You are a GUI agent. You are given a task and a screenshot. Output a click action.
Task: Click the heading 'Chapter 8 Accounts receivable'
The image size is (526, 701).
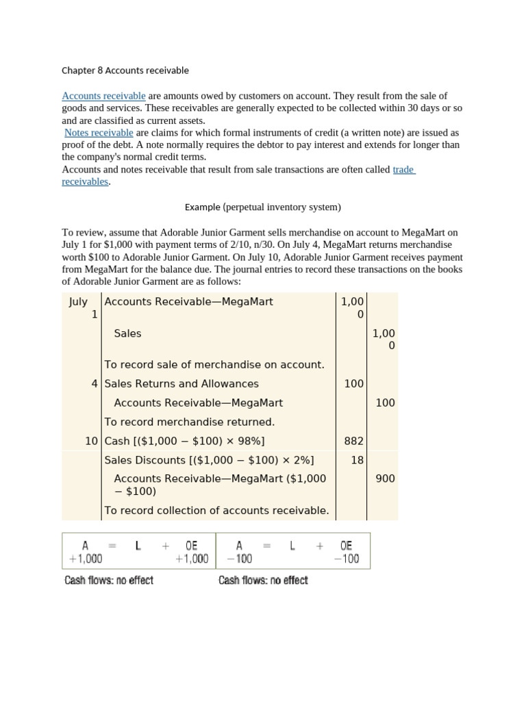click(x=125, y=71)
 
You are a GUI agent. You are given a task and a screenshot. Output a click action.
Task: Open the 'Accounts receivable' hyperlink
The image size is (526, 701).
click(x=103, y=96)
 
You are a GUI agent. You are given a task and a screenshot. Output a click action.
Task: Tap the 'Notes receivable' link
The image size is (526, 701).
click(x=99, y=133)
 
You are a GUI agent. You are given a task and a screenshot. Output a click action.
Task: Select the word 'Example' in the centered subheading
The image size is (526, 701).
click(x=203, y=207)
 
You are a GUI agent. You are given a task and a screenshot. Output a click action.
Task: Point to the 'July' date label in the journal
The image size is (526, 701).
click(x=78, y=302)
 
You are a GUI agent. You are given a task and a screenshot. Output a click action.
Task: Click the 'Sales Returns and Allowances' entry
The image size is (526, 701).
click(x=181, y=384)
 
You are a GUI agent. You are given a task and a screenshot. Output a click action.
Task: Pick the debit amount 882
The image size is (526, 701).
click(x=354, y=441)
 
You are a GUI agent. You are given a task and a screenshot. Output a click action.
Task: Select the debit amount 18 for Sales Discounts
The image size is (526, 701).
click(x=358, y=460)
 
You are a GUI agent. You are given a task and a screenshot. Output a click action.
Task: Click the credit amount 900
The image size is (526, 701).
click(x=385, y=479)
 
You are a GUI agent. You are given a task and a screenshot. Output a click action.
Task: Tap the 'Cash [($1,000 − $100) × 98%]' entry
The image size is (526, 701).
click(x=184, y=441)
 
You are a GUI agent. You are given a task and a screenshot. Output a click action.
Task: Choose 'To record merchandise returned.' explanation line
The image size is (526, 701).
click(x=189, y=422)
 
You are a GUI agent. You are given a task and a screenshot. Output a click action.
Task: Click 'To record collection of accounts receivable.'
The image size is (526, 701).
click(x=216, y=510)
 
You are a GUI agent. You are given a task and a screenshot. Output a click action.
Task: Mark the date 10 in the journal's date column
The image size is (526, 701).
click(x=92, y=441)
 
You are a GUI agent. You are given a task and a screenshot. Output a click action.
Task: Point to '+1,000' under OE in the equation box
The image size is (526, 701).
click(x=192, y=559)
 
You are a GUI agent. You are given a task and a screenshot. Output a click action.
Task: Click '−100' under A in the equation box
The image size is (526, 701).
click(x=239, y=559)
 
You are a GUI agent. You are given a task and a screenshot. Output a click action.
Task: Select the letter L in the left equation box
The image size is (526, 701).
click(x=138, y=546)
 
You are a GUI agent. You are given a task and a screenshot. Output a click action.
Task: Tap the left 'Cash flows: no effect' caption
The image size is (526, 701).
click(x=109, y=581)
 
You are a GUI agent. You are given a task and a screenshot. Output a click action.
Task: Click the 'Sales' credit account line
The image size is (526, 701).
click(x=127, y=333)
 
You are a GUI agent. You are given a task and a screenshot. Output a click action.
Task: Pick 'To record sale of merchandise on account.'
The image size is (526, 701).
click(x=214, y=365)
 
